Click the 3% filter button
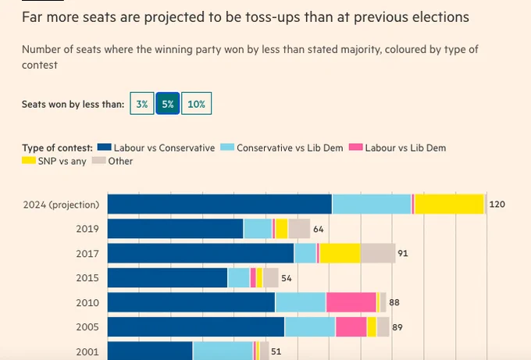tap(142, 103)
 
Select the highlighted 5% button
tap(168, 103)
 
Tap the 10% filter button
tap(197, 103)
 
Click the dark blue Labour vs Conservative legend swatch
tap(105, 147)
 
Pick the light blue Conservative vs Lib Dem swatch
tap(227, 147)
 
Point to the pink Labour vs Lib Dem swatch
tap(356, 147)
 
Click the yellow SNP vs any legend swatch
tap(29, 160)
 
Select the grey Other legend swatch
tap(99, 160)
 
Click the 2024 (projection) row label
tap(61, 205)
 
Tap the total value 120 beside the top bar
tap(497, 205)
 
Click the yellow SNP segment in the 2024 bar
tap(449, 205)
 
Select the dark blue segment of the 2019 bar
tap(176, 229)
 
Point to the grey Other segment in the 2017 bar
tap(378, 253)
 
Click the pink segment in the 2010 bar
tap(351, 302)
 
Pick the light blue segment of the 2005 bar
tap(310, 326)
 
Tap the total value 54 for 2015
tap(287, 278)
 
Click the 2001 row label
tap(87, 352)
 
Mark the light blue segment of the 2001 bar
tap(223, 351)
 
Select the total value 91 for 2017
tap(403, 253)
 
